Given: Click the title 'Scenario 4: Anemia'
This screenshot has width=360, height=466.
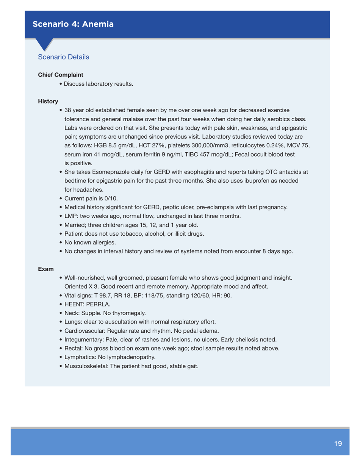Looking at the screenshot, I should [73, 24].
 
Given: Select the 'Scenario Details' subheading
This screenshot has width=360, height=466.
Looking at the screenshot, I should [64, 57].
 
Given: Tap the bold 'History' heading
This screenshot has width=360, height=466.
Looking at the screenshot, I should [48, 102].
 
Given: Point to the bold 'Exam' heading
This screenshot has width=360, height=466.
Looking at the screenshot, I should [46, 269].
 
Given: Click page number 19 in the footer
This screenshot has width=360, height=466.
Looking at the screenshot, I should [338, 444].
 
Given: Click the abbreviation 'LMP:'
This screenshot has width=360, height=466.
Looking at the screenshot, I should [72, 216].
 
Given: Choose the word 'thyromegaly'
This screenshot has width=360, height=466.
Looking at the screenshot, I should [129, 313].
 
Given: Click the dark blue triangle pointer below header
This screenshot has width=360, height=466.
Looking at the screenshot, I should [45, 43].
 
